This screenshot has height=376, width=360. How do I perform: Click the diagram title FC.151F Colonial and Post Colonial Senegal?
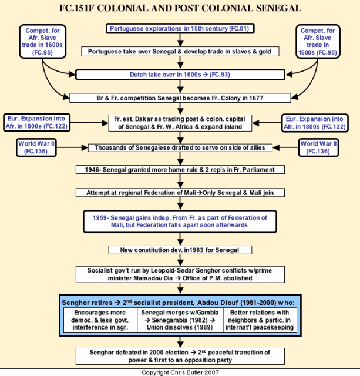click(x=180, y=8)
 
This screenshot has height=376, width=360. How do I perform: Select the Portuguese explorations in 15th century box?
click(x=180, y=28)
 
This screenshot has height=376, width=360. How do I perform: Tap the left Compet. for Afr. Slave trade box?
click(x=42, y=41)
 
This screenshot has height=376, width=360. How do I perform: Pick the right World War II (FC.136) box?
click(x=318, y=147)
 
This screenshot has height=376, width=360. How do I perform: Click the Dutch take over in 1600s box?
click(x=180, y=75)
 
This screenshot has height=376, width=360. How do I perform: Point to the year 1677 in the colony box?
click(x=256, y=98)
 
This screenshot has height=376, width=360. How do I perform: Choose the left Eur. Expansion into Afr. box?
click(x=36, y=123)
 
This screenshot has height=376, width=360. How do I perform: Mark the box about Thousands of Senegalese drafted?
click(x=180, y=147)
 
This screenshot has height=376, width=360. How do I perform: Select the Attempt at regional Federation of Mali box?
click(x=180, y=193)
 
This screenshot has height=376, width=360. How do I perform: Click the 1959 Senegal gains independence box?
click(x=180, y=221)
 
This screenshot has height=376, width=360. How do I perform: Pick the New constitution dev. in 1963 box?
click(x=180, y=250)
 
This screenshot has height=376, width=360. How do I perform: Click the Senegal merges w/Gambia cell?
click(x=180, y=320)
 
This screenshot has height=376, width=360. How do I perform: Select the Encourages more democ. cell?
click(x=100, y=320)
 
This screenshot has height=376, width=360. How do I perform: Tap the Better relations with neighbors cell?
click(x=260, y=320)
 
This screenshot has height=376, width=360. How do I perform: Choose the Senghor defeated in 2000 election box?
click(x=180, y=356)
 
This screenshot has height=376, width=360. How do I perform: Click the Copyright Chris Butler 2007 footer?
click(x=180, y=372)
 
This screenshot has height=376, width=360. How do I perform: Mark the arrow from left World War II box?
click(x=72, y=147)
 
